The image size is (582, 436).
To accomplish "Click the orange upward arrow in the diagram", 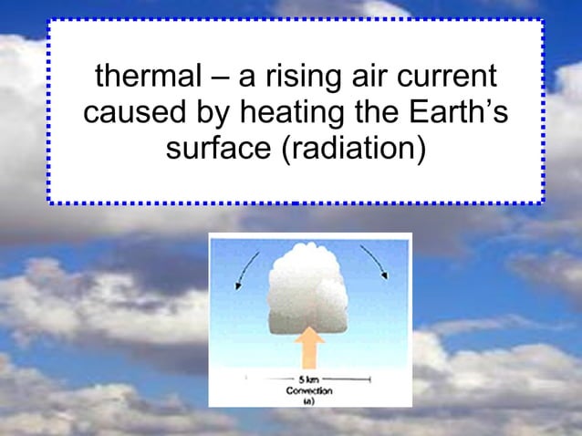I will [311, 351].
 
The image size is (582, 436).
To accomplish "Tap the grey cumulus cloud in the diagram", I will [309, 289].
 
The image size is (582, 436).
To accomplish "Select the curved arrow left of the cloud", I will [246, 270].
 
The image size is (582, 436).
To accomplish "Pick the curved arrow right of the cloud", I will [377, 261].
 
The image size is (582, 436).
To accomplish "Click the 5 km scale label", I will [307, 378].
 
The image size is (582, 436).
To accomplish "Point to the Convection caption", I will [309, 389].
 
